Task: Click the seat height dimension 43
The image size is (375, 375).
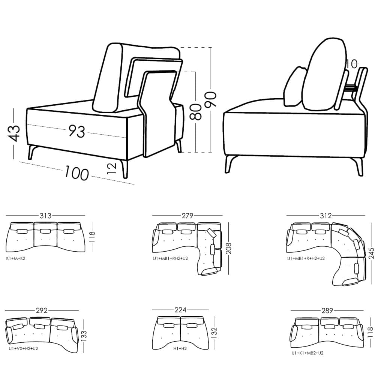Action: pyautogui.click(x=14, y=133)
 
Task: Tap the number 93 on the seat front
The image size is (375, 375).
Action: pyautogui.click(x=77, y=131)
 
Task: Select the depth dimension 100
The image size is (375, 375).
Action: pyautogui.click(x=77, y=173)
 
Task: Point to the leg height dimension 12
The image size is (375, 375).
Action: pyautogui.click(x=112, y=168)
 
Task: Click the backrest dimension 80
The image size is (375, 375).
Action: pyautogui.click(x=196, y=111)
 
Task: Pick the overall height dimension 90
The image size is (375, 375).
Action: pyautogui.click(x=210, y=99)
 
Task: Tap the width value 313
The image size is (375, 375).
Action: pyautogui.click(x=45, y=216)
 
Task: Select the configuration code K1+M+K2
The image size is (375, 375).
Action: pyautogui.click(x=16, y=258)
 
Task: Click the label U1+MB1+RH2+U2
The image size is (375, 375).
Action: pyautogui.click(x=171, y=258)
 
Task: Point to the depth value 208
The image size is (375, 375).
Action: pyautogui.click(x=228, y=248)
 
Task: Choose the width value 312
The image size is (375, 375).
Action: pyautogui.click(x=326, y=216)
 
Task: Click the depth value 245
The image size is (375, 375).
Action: pyautogui.click(x=371, y=253)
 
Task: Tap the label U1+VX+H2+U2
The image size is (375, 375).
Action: pyautogui.click(x=23, y=348)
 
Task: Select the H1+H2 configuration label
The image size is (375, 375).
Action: pyautogui.click(x=180, y=349)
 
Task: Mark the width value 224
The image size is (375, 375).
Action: pyautogui.click(x=180, y=310)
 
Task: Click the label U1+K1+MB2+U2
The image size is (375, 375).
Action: pyautogui.click(x=307, y=353)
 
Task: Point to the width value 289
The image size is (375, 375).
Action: pyautogui.click(x=327, y=310)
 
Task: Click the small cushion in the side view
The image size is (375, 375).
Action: pyautogui.click(x=294, y=87)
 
